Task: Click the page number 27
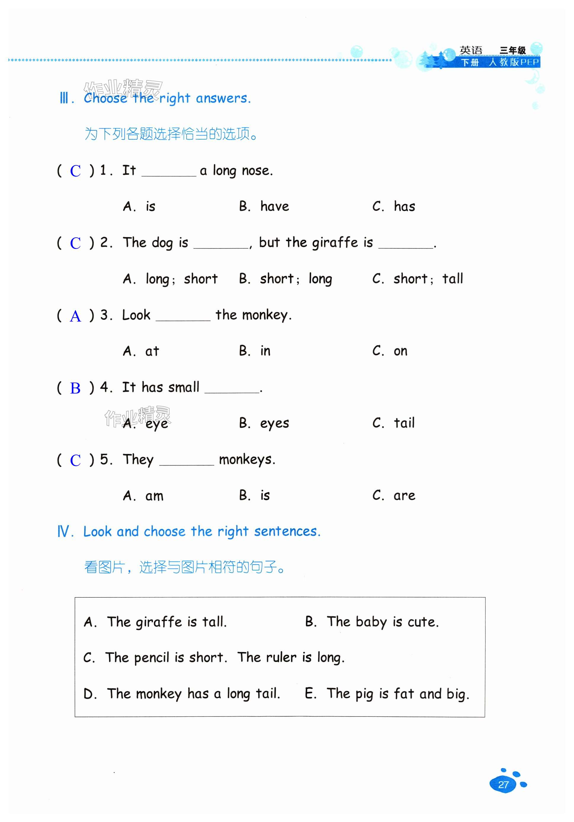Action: [x=503, y=784]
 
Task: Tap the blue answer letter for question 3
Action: [x=75, y=316]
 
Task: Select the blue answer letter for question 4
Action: [x=75, y=388]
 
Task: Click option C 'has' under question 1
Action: [x=404, y=207]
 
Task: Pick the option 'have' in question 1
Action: [x=275, y=207]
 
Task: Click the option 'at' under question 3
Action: [x=152, y=351]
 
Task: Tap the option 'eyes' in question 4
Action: [x=275, y=423]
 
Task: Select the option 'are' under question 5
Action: [x=404, y=496]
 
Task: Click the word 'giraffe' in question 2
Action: [x=335, y=243]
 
